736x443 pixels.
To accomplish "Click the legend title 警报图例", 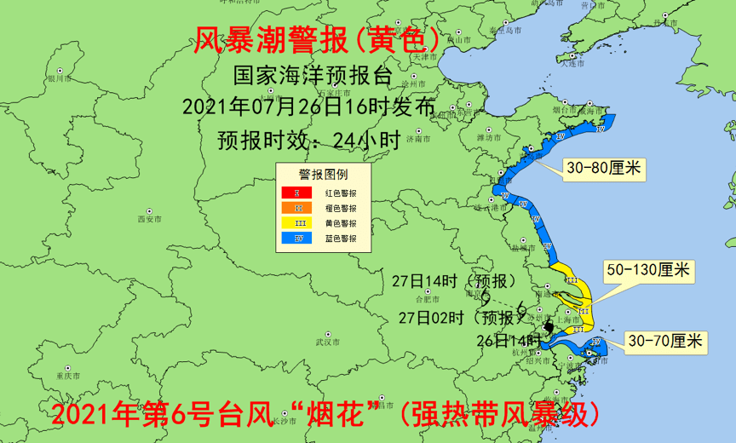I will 322,175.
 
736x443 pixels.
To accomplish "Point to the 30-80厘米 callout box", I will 603,170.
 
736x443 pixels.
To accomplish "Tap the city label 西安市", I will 150,219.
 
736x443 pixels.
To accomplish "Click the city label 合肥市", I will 424,300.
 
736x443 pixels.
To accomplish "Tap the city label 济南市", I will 419,138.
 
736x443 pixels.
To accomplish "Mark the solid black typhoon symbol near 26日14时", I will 549,327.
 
